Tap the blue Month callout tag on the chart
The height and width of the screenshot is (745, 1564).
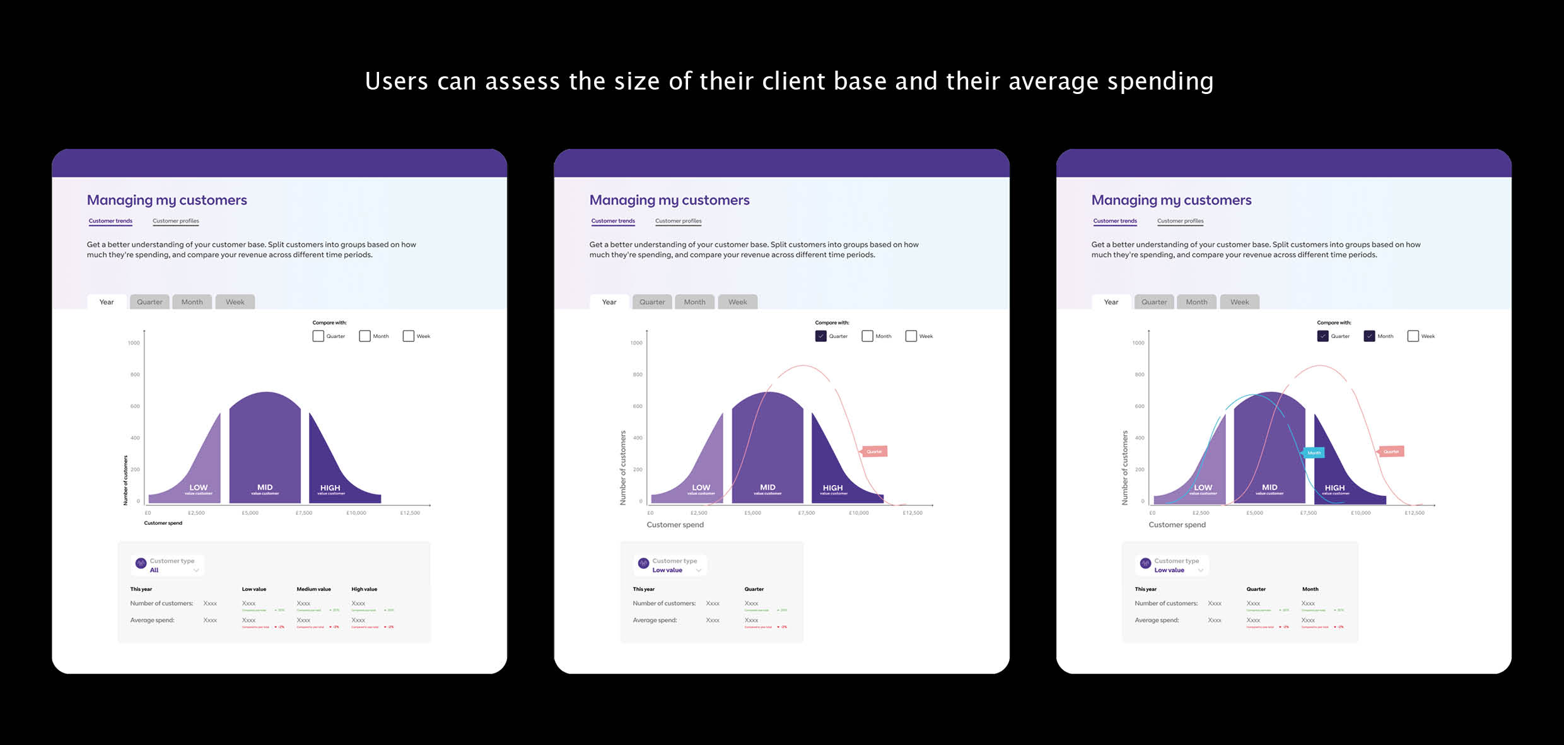pos(1314,453)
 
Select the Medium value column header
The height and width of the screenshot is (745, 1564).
pos(313,589)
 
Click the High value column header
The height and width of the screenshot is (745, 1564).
pos(364,589)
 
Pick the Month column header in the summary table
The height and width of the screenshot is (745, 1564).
pos(1310,589)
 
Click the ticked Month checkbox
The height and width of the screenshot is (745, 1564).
pos(1369,336)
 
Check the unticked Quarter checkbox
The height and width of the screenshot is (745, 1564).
pos(318,336)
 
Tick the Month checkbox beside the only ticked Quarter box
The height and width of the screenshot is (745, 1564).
pos(867,336)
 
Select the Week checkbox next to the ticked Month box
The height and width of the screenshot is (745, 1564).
pos(1413,336)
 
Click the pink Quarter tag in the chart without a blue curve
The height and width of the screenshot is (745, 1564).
pos(874,452)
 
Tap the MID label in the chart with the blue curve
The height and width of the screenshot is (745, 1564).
pos(1269,488)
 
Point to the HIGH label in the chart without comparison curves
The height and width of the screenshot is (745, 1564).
pos(330,488)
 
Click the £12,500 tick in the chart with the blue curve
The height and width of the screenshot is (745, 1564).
pos(1414,513)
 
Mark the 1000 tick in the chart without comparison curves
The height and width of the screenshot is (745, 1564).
pos(134,343)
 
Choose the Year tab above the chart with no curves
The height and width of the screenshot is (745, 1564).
pos(107,302)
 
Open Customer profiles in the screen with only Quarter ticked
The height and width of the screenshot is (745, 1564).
pos(678,221)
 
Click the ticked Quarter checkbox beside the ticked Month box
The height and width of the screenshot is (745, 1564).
pos(1322,336)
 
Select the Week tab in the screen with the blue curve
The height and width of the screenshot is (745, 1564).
pos(1239,302)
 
